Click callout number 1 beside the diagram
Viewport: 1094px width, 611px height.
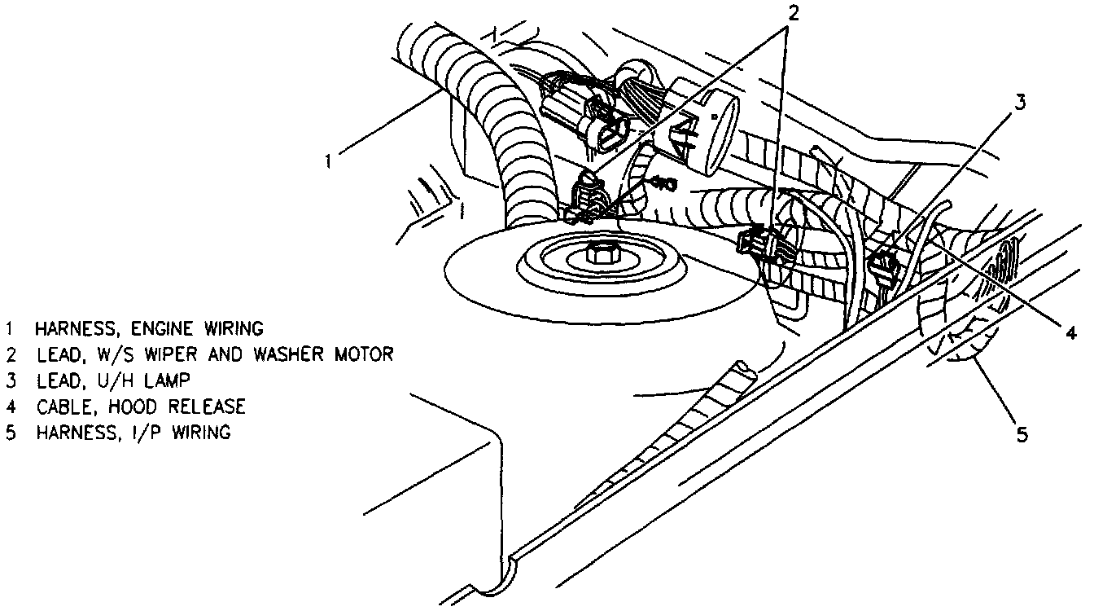328,160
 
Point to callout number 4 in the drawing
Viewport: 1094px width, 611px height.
1072,332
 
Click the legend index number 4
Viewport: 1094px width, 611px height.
11,407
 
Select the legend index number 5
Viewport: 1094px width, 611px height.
11,433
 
